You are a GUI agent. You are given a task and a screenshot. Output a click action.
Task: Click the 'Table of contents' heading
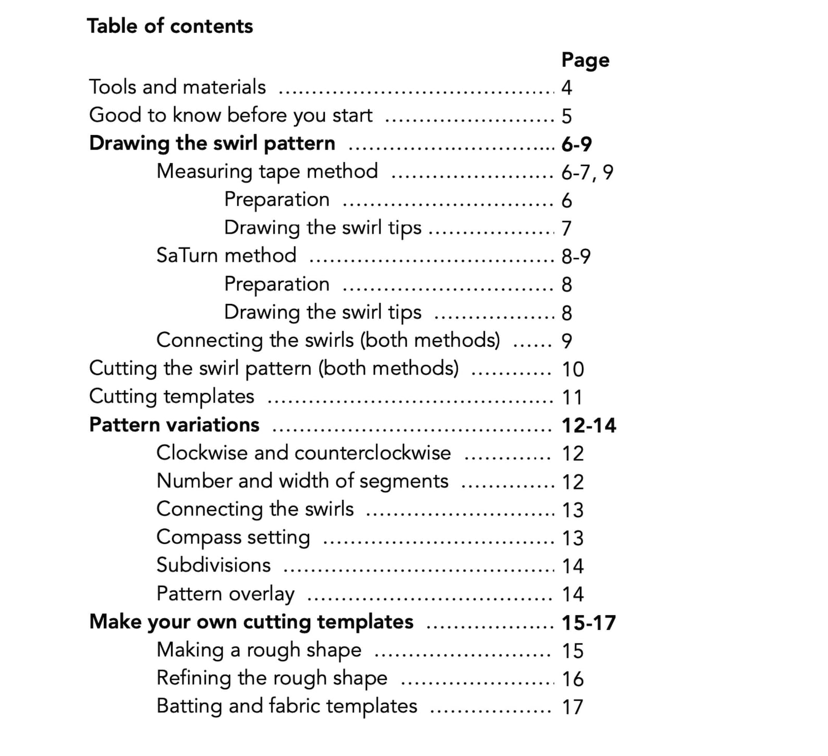pyautogui.click(x=170, y=26)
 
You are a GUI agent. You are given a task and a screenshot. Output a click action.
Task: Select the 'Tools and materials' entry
pyautogui.click(x=177, y=87)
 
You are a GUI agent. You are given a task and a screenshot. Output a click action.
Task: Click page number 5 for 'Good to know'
pyautogui.click(x=567, y=116)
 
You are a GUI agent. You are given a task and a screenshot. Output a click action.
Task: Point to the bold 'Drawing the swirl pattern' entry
pyautogui.click(x=212, y=143)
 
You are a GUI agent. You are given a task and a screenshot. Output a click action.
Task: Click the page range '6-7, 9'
pyautogui.click(x=587, y=172)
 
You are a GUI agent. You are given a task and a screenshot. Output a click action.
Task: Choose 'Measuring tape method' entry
pyautogui.click(x=267, y=172)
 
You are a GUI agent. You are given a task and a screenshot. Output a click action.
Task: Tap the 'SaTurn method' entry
pyautogui.click(x=226, y=255)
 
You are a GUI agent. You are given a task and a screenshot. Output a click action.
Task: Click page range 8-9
pyautogui.click(x=576, y=257)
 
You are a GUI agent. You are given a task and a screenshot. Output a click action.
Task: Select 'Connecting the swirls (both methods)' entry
pyautogui.click(x=328, y=340)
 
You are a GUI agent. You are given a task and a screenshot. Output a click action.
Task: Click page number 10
pyautogui.click(x=573, y=369)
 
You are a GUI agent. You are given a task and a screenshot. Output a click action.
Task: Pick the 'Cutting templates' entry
pyautogui.click(x=172, y=396)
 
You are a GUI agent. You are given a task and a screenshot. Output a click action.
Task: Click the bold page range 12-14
pyautogui.click(x=589, y=425)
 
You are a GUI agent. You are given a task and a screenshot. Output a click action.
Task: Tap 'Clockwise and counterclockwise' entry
pyautogui.click(x=303, y=453)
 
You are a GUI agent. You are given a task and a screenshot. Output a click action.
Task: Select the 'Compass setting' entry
pyautogui.click(x=233, y=538)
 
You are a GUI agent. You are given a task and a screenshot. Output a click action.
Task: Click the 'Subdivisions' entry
pyautogui.click(x=214, y=565)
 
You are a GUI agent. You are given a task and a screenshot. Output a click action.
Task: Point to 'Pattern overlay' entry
pyautogui.click(x=226, y=594)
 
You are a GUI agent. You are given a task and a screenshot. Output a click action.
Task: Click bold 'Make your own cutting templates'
pyautogui.click(x=251, y=622)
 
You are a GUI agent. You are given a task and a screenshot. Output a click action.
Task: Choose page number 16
pyautogui.click(x=573, y=679)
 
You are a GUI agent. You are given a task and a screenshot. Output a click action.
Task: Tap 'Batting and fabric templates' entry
pyautogui.click(x=287, y=706)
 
